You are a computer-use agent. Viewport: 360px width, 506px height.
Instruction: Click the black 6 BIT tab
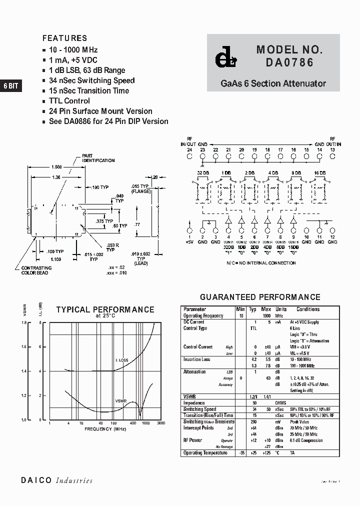tap(10, 86)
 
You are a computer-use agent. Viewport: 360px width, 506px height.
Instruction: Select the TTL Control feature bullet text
tap(69, 101)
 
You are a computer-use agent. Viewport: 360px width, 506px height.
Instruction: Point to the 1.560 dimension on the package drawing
tap(57, 167)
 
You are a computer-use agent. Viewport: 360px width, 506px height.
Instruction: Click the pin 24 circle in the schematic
tap(189, 156)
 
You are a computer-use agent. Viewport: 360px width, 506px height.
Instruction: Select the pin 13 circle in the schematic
tap(332, 156)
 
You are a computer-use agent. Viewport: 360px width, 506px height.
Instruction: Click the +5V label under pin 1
tap(189, 242)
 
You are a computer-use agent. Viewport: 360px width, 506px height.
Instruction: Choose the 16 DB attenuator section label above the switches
tap(319, 173)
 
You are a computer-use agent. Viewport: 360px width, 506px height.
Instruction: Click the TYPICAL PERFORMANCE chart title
tap(105, 310)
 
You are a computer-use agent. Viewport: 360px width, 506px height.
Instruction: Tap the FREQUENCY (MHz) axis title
tap(105, 429)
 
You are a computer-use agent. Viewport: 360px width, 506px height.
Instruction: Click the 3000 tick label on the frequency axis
tap(160, 423)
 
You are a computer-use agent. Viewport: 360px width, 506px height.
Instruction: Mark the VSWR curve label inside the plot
tap(121, 401)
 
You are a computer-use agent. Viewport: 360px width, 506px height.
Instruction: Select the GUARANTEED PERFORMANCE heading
tap(260, 297)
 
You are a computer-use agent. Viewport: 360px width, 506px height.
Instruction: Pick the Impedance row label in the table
tap(194, 403)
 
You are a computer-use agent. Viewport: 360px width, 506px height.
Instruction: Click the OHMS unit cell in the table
tap(281, 403)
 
